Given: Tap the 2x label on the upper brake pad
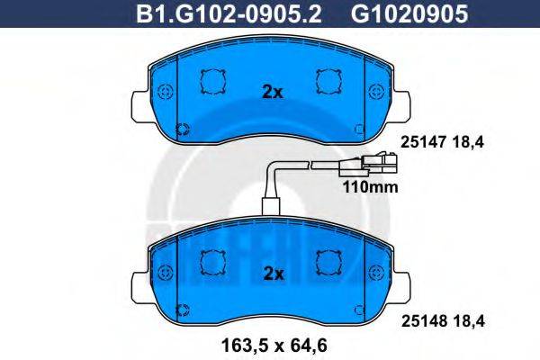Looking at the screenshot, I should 272,91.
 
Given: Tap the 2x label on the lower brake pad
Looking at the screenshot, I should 272,273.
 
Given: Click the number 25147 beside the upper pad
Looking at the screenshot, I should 418,141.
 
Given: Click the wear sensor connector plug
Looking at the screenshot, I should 376,165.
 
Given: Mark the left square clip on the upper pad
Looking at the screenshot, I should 213,82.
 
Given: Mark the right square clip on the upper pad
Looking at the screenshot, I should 328,82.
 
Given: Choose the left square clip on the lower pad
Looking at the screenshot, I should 213,262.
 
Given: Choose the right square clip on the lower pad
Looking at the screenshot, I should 328,262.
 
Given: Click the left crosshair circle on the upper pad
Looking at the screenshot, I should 164,92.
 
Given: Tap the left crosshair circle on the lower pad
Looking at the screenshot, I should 164,272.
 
